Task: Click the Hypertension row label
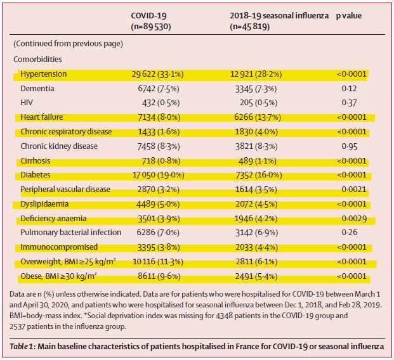coord(44,74)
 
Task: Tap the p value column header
coord(349,16)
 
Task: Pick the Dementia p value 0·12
coord(350,89)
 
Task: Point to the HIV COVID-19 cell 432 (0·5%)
coord(161,103)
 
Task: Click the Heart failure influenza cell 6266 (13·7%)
coord(258,117)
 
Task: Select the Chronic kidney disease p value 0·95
coord(350,146)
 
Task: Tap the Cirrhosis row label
coord(35,161)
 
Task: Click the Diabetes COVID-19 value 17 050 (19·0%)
coord(159,175)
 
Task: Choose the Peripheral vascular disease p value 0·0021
coord(354,190)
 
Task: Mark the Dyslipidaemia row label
coord(44,204)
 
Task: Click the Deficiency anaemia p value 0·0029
coord(354,219)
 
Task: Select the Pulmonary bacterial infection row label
coord(71,233)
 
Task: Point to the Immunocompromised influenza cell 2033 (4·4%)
coord(256,248)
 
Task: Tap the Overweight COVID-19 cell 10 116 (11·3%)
coord(158,262)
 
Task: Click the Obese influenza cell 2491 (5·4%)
coord(256,276)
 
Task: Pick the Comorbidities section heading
coord(37,60)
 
